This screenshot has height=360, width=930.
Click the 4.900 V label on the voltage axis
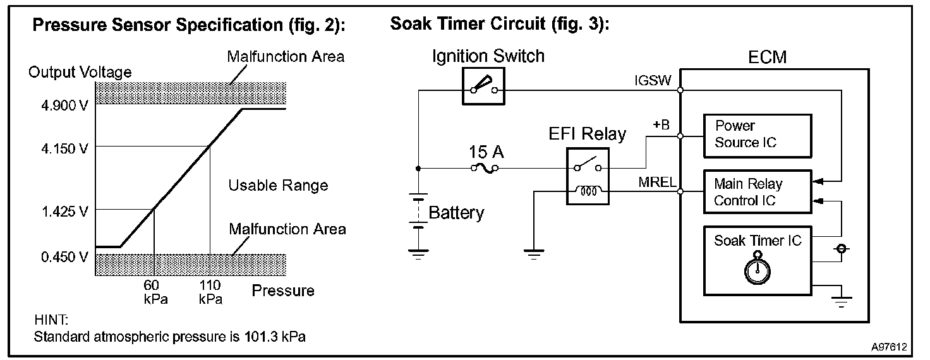coord(64,105)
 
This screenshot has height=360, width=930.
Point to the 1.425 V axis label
coord(65,212)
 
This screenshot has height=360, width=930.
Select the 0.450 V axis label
coord(64,257)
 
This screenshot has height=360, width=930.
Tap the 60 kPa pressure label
coord(155,292)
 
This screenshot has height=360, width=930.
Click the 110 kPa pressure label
coord(210,292)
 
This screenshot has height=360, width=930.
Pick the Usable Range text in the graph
coord(278,186)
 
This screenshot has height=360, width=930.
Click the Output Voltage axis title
coord(80,72)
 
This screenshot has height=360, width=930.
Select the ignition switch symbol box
coord(483,87)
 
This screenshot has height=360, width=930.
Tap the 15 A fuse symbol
coord(485,168)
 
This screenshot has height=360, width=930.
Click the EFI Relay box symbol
coord(588,176)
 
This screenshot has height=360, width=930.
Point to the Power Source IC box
coord(758,136)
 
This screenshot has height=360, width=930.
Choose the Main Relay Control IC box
coord(758,192)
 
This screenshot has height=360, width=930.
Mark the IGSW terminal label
coord(653,81)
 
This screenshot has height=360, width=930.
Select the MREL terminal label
coord(657,182)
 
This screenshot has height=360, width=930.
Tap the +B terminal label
coord(661,124)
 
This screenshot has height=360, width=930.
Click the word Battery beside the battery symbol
coord(456,213)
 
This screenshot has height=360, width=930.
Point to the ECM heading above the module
coord(767,57)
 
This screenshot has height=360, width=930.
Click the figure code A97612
coord(889,347)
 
